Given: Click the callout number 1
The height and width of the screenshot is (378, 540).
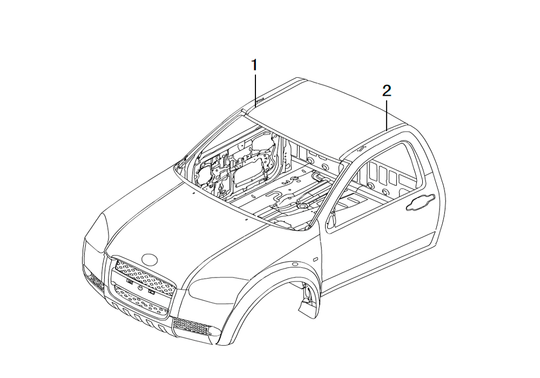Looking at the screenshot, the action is tap(254, 65).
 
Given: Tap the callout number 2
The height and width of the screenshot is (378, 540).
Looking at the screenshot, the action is tap(387, 91).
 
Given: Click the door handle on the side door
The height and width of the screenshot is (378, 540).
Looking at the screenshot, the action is tap(421, 203).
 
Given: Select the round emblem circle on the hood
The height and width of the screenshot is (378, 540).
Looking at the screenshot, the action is tap(150, 259).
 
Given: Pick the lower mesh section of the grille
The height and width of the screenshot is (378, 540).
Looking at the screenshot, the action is tap(141, 300).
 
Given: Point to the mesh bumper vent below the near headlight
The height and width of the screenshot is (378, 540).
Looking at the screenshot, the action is tap(191, 326).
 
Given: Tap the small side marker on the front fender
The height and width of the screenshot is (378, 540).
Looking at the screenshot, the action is tap(315, 258).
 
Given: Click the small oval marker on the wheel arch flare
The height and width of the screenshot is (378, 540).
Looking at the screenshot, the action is tap(294, 265).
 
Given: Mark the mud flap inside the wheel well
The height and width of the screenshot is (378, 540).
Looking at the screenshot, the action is tap(307, 307).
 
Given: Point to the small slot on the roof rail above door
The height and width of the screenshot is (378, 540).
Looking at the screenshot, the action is tap(362, 147).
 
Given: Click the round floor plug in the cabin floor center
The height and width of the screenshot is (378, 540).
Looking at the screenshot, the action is tap(303, 206).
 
